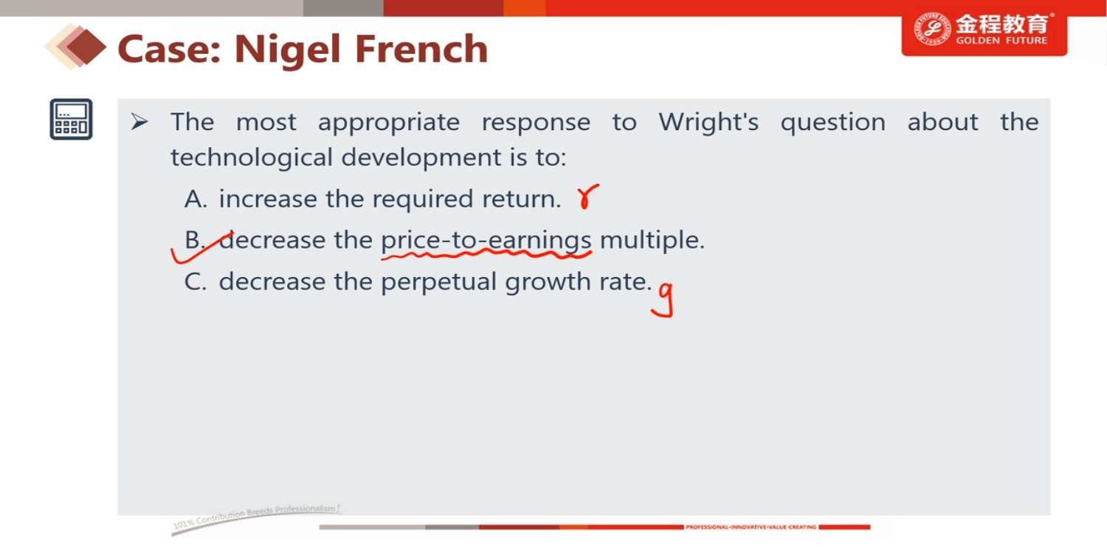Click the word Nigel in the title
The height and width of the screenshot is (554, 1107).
pyautogui.click(x=288, y=50)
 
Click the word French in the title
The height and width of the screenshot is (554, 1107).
pyautogui.click(x=421, y=49)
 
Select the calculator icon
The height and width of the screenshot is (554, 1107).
pyautogui.click(x=71, y=119)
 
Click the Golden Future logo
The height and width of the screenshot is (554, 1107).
pyautogui.click(x=984, y=31)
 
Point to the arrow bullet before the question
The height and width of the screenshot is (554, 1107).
pyautogui.click(x=139, y=122)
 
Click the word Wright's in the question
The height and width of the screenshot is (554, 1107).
pyautogui.click(x=708, y=122)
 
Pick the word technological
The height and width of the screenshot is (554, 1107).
pyautogui.click(x=252, y=158)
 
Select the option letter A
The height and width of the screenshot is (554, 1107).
pyautogui.click(x=196, y=199)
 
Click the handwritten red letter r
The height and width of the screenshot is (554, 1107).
pyautogui.click(x=587, y=196)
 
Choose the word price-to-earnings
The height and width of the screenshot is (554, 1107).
pyautogui.click(x=486, y=241)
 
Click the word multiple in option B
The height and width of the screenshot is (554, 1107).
pyautogui.click(x=652, y=240)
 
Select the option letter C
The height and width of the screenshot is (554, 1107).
pyautogui.click(x=196, y=282)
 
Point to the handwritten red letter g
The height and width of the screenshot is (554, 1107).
pyautogui.click(x=663, y=299)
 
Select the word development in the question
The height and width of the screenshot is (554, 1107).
pyautogui.click(x=421, y=158)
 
